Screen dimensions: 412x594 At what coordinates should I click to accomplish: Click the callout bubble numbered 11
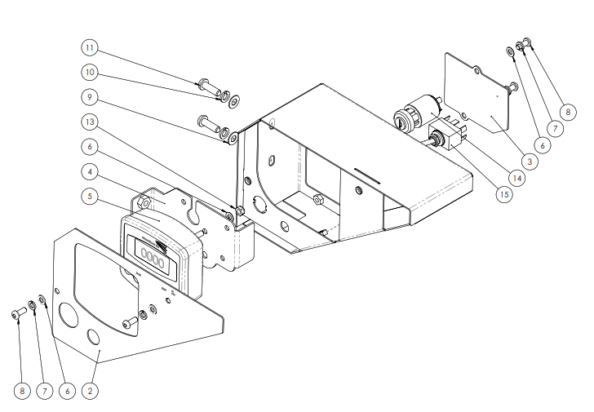90,46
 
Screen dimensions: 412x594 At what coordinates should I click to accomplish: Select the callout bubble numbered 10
90,72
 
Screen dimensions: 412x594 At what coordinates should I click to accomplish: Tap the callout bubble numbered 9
90,96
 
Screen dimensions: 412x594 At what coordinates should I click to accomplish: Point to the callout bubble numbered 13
90,122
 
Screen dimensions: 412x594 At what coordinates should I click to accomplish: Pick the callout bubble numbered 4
90,173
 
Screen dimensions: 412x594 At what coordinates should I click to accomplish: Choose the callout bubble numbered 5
90,197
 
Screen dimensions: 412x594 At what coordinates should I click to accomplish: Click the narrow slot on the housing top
369,173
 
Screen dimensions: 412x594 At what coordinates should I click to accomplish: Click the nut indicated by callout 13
240,213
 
